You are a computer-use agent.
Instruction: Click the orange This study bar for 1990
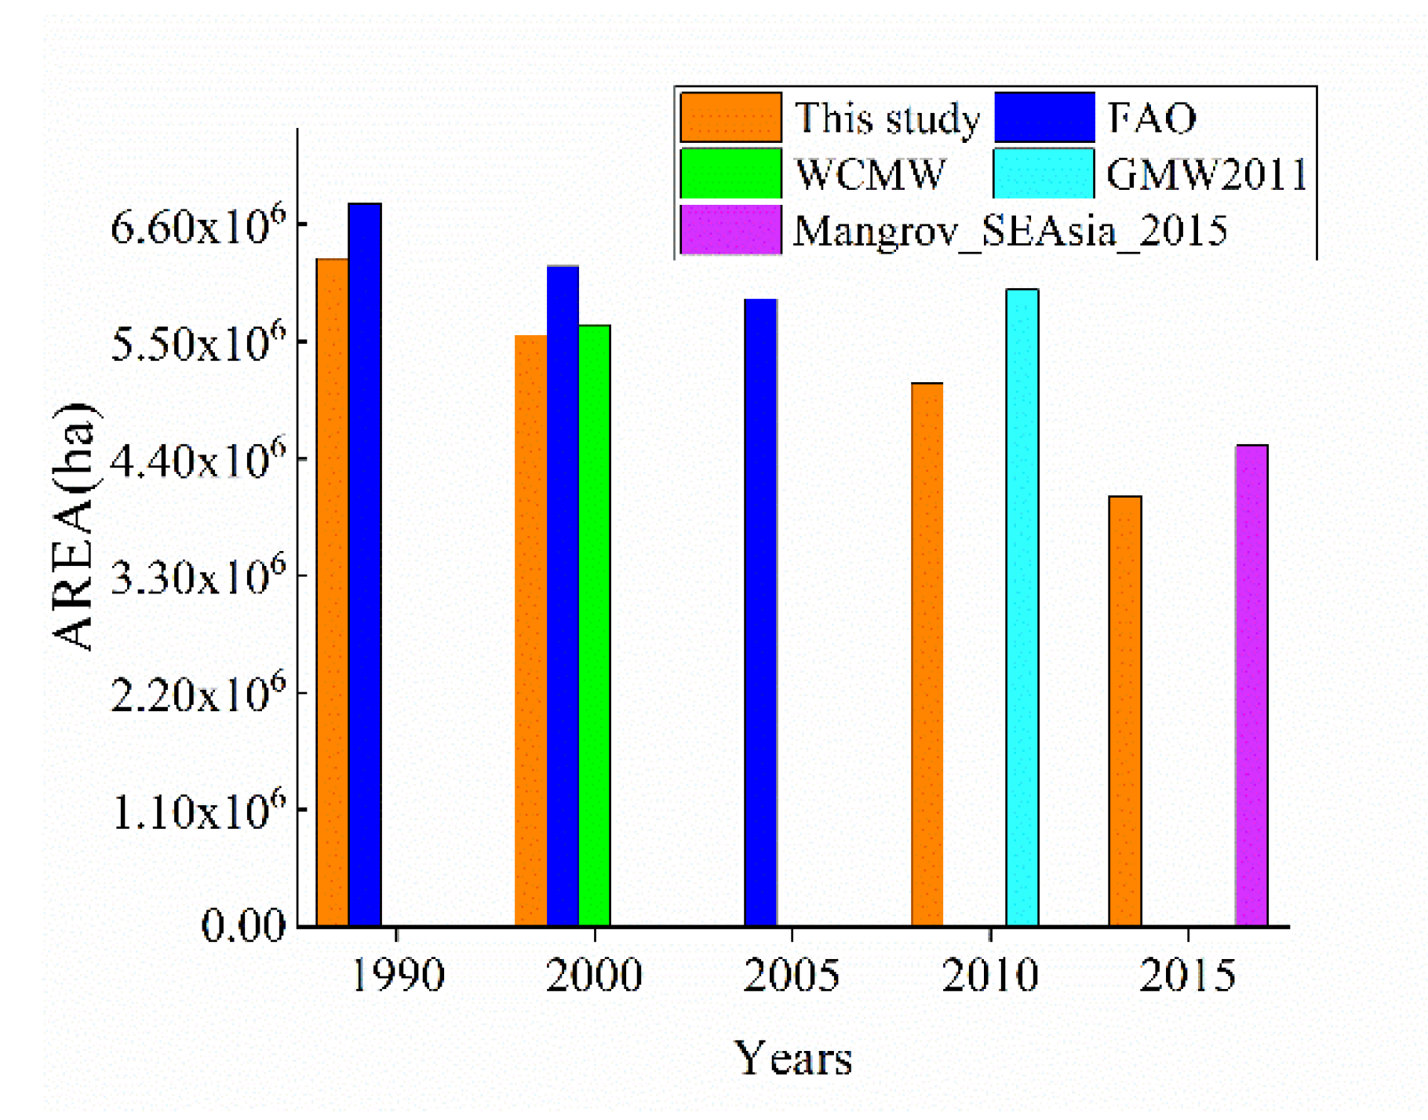[x=333, y=593]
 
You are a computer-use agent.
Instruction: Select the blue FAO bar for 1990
[x=365, y=565]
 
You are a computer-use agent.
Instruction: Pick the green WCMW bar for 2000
[x=595, y=626]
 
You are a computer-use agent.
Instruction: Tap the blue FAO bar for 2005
[x=760, y=612]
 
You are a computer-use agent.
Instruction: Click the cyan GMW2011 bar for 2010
[x=1022, y=607]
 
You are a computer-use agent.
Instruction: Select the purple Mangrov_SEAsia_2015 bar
[x=1251, y=685]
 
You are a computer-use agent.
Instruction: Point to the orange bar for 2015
[x=1124, y=711]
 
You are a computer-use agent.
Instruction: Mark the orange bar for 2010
[x=927, y=655]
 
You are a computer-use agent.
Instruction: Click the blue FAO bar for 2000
[x=563, y=596]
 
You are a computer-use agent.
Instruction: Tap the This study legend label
[x=887, y=119]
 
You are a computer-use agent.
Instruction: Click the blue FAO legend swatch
[x=1044, y=118]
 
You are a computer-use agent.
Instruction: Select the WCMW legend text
[x=870, y=174]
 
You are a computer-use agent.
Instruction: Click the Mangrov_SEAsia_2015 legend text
[x=1010, y=232]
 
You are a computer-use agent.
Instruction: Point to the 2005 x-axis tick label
[x=791, y=976]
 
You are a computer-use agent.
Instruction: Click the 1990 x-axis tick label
[x=397, y=976]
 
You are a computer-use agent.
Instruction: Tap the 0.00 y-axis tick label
[x=243, y=926]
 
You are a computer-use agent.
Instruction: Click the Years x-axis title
[x=792, y=1059]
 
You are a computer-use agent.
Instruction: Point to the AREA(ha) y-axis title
[x=75, y=526]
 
